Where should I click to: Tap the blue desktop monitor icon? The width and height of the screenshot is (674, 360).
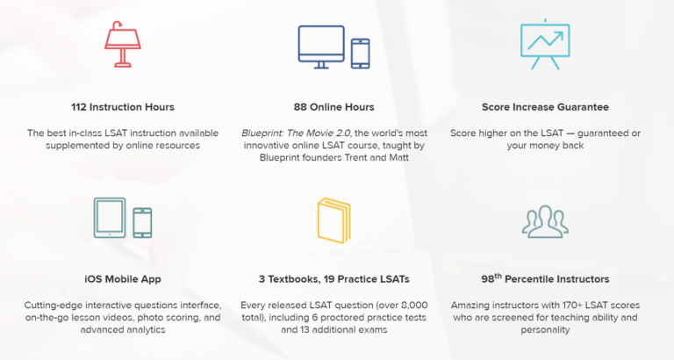click(x=321, y=47)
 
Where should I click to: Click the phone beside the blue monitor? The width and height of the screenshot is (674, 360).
click(x=360, y=54)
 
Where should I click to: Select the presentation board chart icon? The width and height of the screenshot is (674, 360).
click(x=545, y=44)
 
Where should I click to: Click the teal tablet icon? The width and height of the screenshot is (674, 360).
click(x=110, y=218)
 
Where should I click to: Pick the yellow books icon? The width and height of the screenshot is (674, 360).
click(x=334, y=220)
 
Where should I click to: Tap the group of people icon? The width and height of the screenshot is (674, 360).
click(x=545, y=222)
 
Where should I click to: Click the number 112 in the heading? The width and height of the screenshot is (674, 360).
click(x=79, y=107)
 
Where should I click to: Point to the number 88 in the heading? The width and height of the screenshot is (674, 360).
click(x=300, y=107)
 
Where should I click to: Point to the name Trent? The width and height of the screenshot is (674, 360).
click(x=355, y=157)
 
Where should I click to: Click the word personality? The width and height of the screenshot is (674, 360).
click(x=545, y=330)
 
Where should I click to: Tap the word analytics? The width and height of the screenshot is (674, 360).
click(x=147, y=330)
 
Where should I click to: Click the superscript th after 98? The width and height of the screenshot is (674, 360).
click(x=498, y=276)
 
